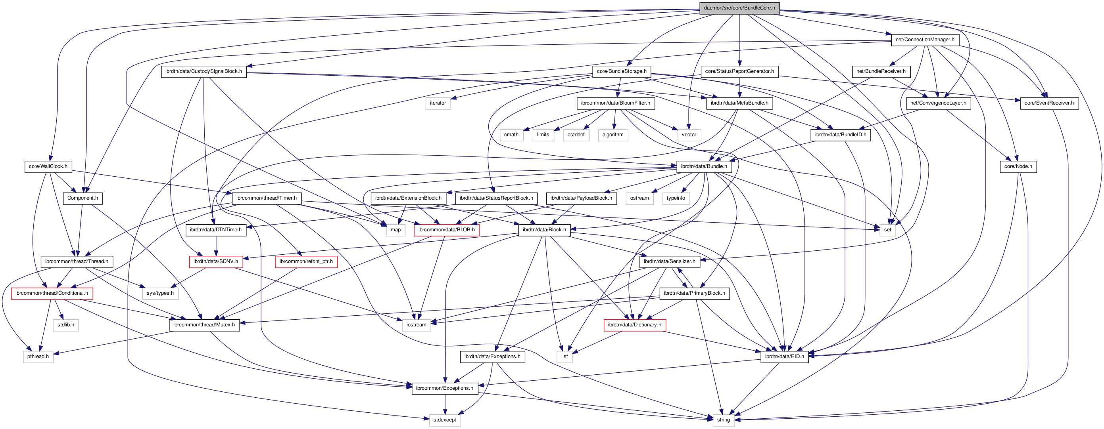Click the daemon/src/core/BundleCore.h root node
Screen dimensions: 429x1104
coord(739,8)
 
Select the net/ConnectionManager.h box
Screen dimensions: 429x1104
coord(925,39)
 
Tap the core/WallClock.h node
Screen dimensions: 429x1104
coord(48,166)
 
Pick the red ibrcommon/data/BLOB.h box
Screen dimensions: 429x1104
coord(446,229)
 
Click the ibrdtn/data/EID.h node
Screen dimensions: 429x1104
coord(784,356)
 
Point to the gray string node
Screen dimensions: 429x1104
coord(723,419)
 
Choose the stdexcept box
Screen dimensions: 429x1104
coord(444,419)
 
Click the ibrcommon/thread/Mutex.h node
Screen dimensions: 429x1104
coord(204,324)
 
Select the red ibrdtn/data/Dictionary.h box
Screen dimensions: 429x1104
coord(634,324)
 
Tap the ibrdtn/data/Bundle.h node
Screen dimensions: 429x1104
coord(704,166)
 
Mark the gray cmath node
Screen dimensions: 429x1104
coord(511,134)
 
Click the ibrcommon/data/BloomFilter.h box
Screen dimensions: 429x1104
coord(615,103)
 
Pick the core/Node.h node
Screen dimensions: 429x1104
coord(1018,166)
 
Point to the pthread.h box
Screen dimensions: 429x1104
coord(38,356)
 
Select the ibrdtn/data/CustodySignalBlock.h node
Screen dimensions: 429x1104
coord(204,71)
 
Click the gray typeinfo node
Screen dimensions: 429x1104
coord(676,198)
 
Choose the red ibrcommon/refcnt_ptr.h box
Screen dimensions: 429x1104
coord(306,261)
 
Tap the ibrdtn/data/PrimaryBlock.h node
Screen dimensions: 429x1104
coord(694,293)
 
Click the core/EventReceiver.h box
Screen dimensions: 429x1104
coord(1049,103)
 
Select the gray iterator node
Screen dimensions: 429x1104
coord(438,103)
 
